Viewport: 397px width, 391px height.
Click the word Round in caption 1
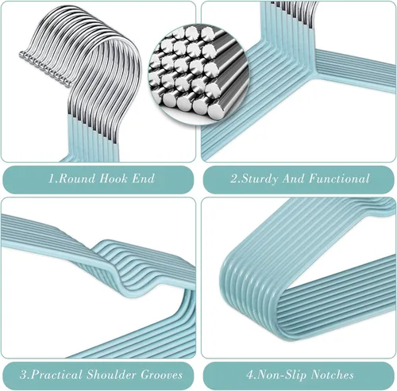click(76, 178)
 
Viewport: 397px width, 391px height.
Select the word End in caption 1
click(143, 178)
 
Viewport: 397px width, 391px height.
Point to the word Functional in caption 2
click(339, 178)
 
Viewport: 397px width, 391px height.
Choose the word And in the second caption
click(293, 178)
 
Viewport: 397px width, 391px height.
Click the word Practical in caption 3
click(56, 374)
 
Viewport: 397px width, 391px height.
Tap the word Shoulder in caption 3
click(112, 374)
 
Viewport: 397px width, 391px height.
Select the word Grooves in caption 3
click(161, 374)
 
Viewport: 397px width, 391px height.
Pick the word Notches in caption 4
click(332, 374)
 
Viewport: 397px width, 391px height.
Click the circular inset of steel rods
click(198, 74)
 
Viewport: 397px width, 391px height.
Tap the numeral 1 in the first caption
click(52, 178)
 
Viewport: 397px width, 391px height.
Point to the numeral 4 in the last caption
click(250, 375)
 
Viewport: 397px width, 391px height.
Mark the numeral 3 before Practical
click(24, 375)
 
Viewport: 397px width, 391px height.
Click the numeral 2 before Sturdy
click(234, 178)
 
